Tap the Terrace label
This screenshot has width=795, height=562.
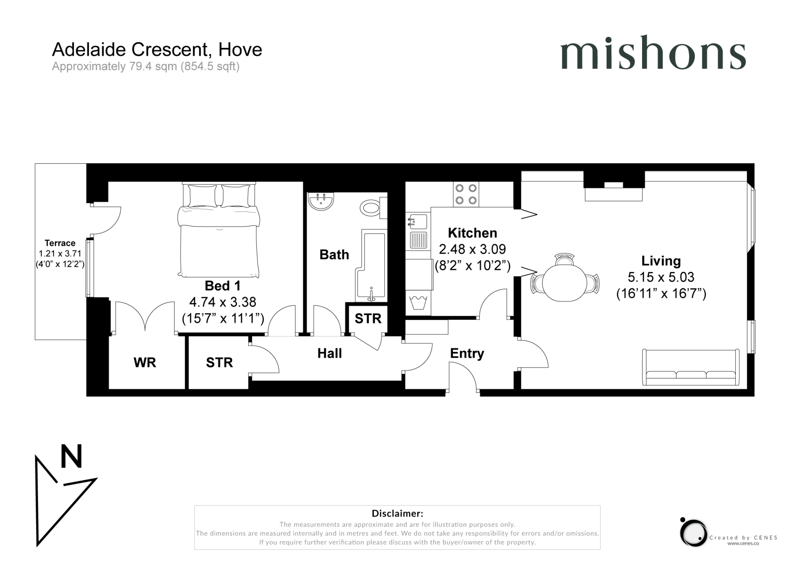(x=60, y=243)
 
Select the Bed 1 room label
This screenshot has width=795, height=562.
(x=222, y=286)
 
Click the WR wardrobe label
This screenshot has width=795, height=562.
(x=144, y=363)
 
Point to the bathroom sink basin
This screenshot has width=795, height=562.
(x=321, y=201)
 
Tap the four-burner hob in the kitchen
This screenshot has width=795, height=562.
(x=466, y=194)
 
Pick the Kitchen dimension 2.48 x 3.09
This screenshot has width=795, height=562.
(x=472, y=249)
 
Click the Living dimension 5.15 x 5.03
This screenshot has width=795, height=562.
(x=661, y=277)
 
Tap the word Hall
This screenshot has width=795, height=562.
(x=330, y=354)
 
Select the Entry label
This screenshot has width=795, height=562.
(x=467, y=354)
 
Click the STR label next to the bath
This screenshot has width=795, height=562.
(x=368, y=319)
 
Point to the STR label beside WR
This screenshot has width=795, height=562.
(x=219, y=363)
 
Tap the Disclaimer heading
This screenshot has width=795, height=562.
(x=397, y=513)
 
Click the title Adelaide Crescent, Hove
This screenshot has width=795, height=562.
(x=157, y=50)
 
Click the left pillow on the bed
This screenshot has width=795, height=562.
(x=202, y=196)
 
